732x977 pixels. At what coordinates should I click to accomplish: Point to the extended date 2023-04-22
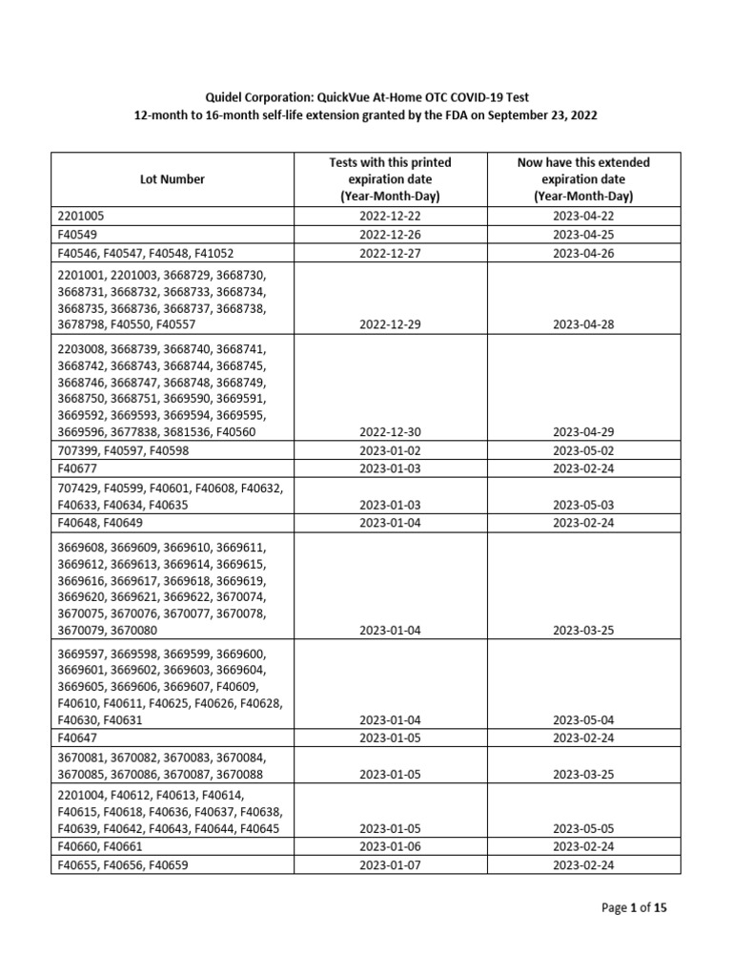(583, 217)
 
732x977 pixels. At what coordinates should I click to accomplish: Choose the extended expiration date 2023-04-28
(583, 324)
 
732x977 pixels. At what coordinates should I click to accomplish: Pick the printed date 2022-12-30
(391, 432)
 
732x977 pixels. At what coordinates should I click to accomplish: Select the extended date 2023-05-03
(583, 505)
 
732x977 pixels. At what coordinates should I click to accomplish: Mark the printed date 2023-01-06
(391, 846)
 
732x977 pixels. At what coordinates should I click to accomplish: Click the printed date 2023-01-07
(391, 864)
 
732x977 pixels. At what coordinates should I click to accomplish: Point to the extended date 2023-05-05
(583, 828)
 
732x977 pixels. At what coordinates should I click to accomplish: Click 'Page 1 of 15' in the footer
(635, 908)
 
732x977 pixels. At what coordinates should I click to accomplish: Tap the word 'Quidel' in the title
(225, 97)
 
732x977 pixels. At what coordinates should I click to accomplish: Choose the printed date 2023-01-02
(391, 450)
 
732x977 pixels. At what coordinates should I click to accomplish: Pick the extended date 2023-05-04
(583, 719)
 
